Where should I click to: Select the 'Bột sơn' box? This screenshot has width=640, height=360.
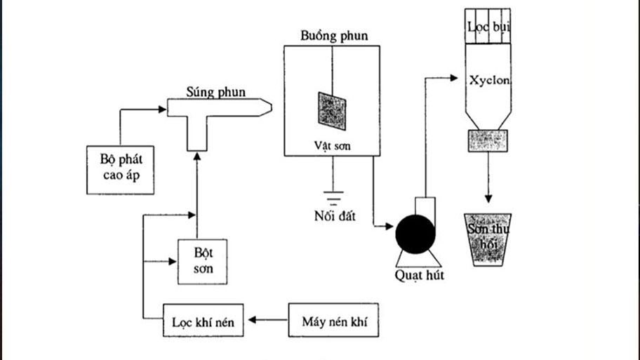pos(196,260)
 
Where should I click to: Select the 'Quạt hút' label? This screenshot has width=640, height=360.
pos(419,274)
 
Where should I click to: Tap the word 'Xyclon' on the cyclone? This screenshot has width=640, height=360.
pos(489,80)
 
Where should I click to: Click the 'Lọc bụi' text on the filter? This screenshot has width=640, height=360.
pos(490,27)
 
